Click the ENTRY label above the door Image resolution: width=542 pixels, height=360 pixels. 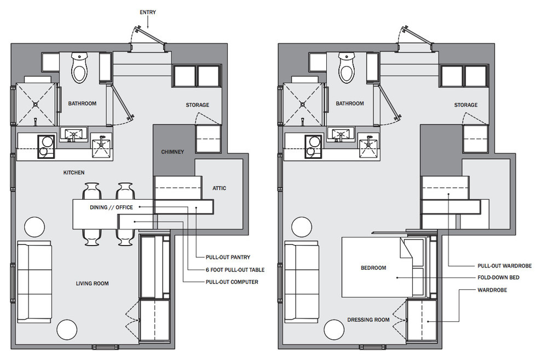[148, 12]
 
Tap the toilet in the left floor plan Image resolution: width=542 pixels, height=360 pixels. [79, 68]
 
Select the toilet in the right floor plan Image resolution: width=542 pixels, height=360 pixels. [347, 68]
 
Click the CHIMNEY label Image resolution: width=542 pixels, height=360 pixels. [172, 152]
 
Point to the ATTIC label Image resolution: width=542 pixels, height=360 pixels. [219, 188]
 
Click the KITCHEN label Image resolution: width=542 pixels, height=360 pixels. [74, 172]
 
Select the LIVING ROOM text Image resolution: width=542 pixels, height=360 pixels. [93, 283]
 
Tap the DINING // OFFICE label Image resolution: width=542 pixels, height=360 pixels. [111, 207]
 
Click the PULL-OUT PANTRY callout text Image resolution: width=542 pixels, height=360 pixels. [228, 257]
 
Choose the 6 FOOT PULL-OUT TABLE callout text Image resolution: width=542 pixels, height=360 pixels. [235, 270]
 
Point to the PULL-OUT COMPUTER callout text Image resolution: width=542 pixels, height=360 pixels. [232, 282]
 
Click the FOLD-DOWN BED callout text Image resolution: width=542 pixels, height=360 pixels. [498, 277]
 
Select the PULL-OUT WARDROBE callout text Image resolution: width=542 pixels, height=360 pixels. [505, 266]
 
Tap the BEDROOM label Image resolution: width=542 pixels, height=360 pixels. [373, 268]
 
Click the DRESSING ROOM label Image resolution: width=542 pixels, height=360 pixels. [368, 320]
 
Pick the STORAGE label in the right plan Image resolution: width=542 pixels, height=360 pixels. [465, 104]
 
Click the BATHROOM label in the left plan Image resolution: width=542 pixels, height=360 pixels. [82, 103]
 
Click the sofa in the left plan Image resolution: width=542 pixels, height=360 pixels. [34, 282]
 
